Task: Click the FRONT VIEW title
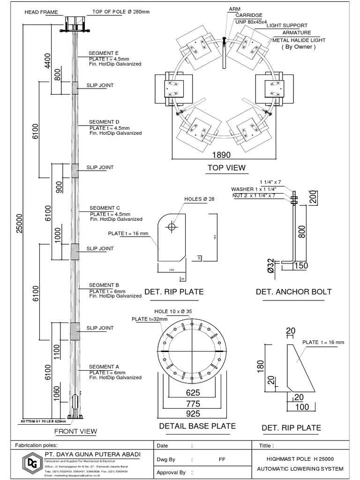pos(75,431)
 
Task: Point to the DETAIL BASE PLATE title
pos(197,426)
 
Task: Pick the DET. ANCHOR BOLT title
pos(293,292)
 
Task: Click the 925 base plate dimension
pos(193,413)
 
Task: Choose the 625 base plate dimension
pos(193,393)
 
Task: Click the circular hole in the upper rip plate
pos(172,226)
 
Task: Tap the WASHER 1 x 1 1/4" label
pos(254,189)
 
